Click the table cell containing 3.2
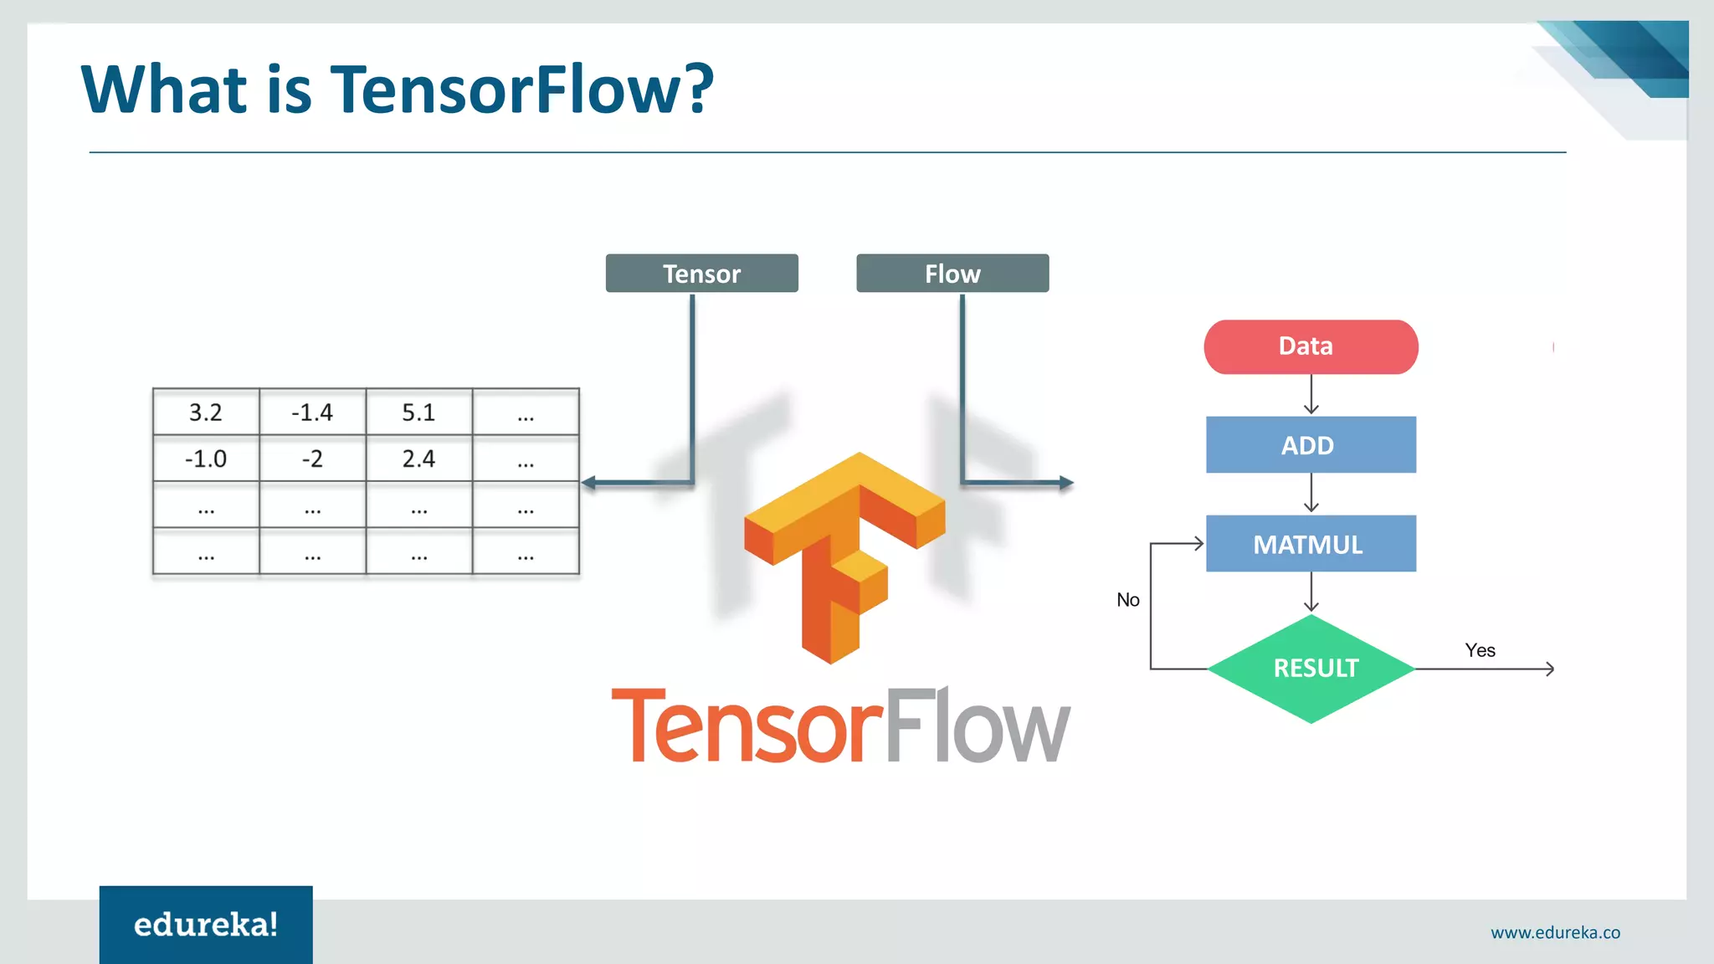(x=206, y=412)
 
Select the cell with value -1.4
(x=312, y=412)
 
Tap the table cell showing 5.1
(x=418, y=412)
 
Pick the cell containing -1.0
(x=206, y=459)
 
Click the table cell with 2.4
(x=418, y=459)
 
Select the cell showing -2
(x=312, y=459)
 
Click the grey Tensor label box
(x=701, y=274)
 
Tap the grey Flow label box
(x=952, y=274)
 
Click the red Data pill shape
(x=1311, y=346)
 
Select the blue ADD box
(x=1311, y=445)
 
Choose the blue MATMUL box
(x=1311, y=544)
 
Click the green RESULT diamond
(x=1311, y=669)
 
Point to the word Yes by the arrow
(x=1480, y=650)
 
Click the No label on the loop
(x=1127, y=600)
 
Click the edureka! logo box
(x=206, y=924)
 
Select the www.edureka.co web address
(x=1555, y=932)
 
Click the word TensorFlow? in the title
(x=522, y=89)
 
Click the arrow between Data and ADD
(x=1311, y=395)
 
